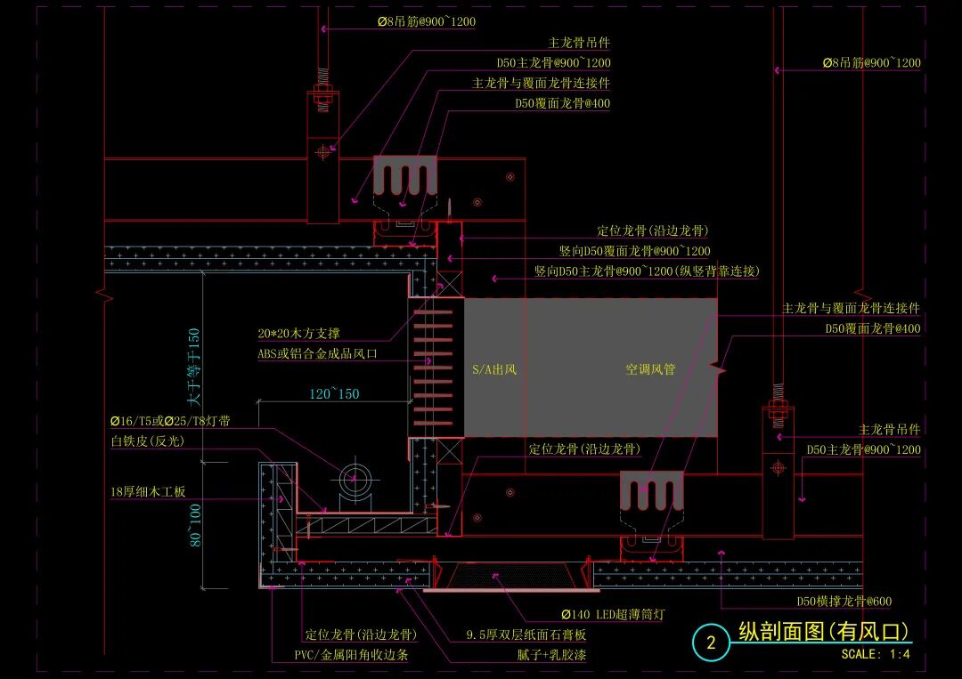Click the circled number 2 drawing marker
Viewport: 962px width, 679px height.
click(711, 643)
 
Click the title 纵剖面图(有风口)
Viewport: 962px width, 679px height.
click(825, 632)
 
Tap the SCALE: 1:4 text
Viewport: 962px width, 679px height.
click(875, 655)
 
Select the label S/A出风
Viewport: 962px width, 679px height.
click(494, 369)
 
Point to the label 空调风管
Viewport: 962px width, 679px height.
click(650, 369)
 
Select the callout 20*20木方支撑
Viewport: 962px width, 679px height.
click(298, 334)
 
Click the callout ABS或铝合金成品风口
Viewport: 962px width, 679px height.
click(318, 353)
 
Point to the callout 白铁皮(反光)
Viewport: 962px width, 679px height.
click(148, 441)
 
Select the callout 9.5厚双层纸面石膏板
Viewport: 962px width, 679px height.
click(526, 635)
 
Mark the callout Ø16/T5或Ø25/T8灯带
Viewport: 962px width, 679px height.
click(169, 421)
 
